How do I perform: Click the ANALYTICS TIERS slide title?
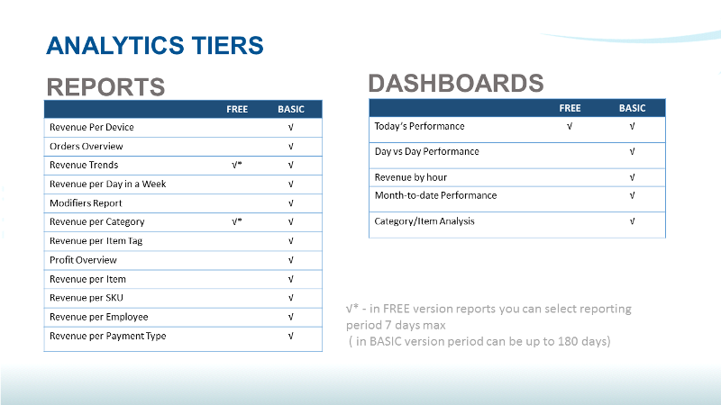pyautogui.click(x=154, y=45)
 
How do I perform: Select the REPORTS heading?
pyautogui.click(x=105, y=86)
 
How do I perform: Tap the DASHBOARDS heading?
pyautogui.click(x=455, y=83)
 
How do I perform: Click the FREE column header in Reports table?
pyautogui.click(x=237, y=109)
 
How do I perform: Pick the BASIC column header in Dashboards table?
pyautogui.click(x=632, y=108)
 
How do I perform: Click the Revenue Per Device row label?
pyautogui.click(x=91, y=127)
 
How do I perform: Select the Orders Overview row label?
pyautogui.click(x=86, y=146)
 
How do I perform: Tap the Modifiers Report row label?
pyautogui.click(x=86, y=202)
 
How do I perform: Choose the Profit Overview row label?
pyautogui.click(x=83, y=260)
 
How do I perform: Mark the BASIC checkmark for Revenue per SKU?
pyautogui.click(x=290, y=298)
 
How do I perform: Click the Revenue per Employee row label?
pyautogui.click(x=98, y=317)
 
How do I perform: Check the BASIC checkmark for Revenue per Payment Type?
pyautogui.click(x=290, y=336)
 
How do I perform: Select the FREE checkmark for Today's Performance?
pyautogui.click(x=570, y=126)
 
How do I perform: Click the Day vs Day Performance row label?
pyautogui.click(x=426, y=151)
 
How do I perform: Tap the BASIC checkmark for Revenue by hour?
pyautogui.click(x=632, y=177)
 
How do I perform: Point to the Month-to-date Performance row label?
pyautogui.click(x=435, y=195)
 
